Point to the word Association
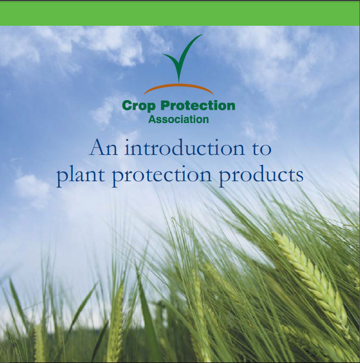[x=179, y=119]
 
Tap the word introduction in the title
[x=179, y=148]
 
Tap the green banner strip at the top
[x=180, y=13]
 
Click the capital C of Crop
[x=127, y=105]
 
